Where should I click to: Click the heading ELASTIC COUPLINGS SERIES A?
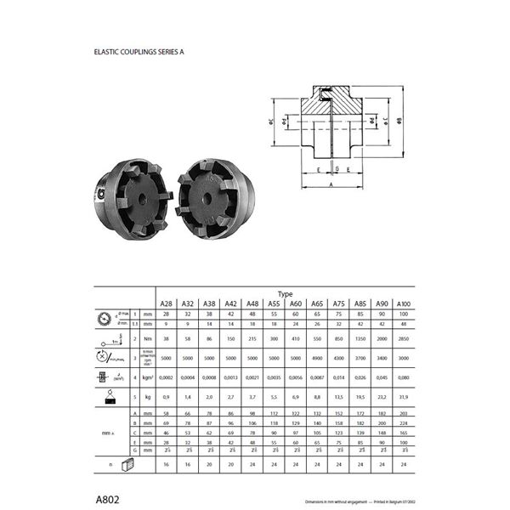click(139, 52)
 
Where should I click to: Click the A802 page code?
click(108, 496)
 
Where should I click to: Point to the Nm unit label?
click(146, 337)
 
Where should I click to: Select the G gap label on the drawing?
click(336, 170)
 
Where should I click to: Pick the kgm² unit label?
click(146, 377)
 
